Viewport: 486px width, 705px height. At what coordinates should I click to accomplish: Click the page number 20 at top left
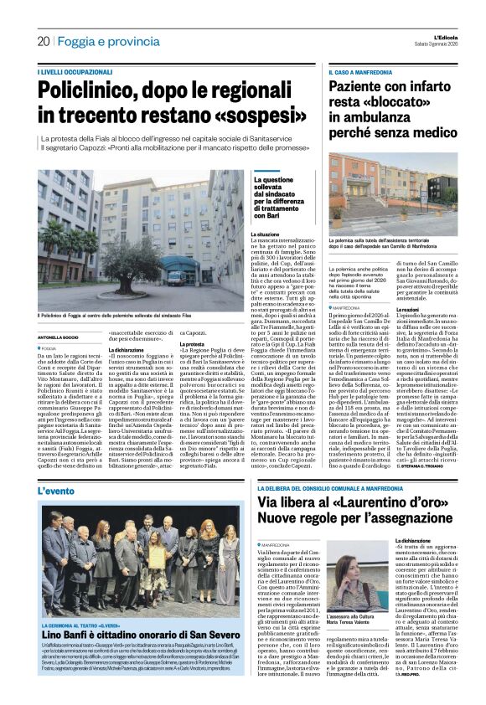pyautogui.click(x=43, y=40)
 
